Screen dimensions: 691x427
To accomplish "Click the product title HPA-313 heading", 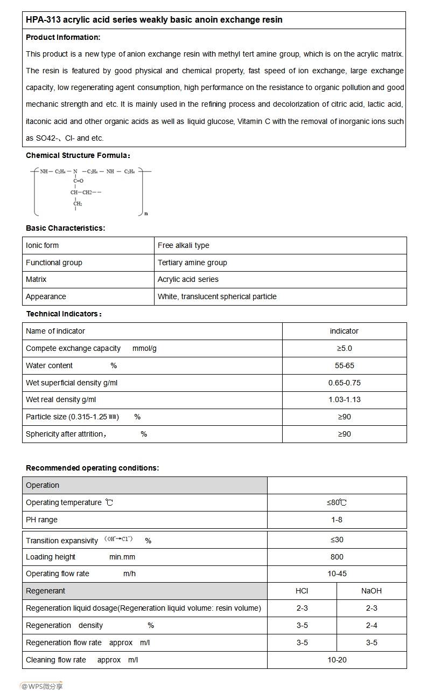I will point(154,20).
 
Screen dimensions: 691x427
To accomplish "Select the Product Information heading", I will point(63,37).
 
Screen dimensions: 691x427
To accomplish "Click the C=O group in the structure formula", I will point(79,181).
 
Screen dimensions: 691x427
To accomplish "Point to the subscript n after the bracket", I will point(146,213).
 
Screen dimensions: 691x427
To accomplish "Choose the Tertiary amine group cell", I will point(192,262).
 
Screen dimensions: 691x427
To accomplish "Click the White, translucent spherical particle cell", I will point(217,296).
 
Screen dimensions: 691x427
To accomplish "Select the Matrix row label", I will point(36,279).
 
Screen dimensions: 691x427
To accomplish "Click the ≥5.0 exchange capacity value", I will point(344,348).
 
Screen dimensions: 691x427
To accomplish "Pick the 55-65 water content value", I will point(344,365).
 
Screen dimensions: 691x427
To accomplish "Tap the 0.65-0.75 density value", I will point(344,383).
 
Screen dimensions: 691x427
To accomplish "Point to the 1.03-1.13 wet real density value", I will point(344,399).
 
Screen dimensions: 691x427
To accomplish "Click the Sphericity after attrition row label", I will point(66,434).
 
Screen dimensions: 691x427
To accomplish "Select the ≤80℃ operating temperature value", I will point(337,502).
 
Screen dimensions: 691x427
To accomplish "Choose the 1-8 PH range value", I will point(337,520).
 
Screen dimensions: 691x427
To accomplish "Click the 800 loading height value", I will point(337,557).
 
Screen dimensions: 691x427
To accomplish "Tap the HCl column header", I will point(302,591).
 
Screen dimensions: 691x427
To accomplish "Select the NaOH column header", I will point(372,591).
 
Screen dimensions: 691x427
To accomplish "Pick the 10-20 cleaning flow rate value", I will point(337,660).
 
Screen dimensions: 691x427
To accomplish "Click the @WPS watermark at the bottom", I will point(41,686).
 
